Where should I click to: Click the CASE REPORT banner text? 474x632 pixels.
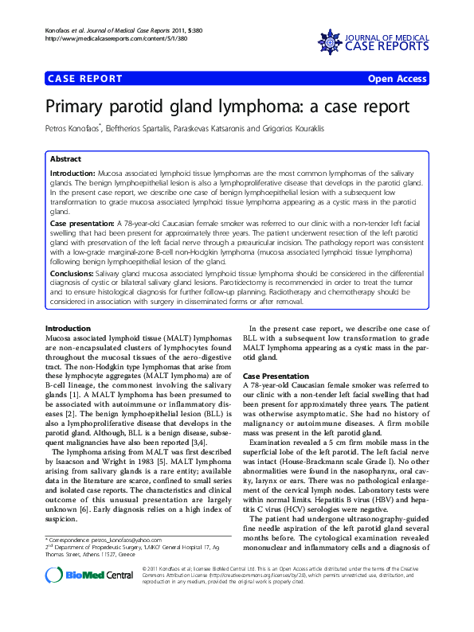[85, 79]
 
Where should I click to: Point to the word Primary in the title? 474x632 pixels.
[80, 108]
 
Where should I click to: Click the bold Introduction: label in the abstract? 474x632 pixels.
[72, 173]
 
